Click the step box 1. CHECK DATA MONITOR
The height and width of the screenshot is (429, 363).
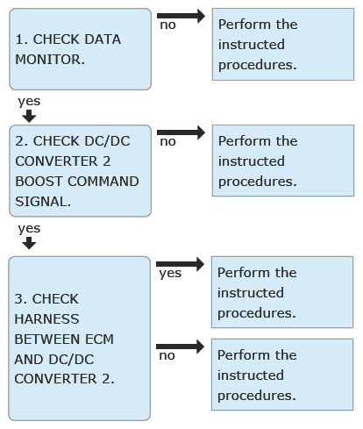point(80,49)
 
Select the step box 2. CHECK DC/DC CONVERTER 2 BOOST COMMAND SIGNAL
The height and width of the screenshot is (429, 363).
point(80,171)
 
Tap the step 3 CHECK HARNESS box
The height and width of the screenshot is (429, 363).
point(80,339)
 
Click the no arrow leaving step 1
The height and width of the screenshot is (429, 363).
point(181,16)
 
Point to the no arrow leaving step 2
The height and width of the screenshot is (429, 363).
point(181,132)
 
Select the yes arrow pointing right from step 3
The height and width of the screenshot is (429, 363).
point(180,264)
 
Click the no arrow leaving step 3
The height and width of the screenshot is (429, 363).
point(180,347)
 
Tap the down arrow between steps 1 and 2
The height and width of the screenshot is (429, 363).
point(29,116)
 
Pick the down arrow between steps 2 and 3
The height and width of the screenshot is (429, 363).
point(29,243)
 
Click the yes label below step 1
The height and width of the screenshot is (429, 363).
point(29,102)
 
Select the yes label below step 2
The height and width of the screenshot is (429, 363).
point(29,229)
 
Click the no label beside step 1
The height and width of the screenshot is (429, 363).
point(167,25)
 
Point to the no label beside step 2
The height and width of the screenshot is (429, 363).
point(167,142)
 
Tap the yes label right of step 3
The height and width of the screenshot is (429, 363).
point(170,274)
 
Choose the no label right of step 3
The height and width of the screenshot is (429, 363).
point(167,356)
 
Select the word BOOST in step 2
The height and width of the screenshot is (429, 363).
point(39,182)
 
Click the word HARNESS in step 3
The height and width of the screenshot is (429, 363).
point(46,319)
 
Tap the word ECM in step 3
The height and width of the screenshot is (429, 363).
point(99,340)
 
